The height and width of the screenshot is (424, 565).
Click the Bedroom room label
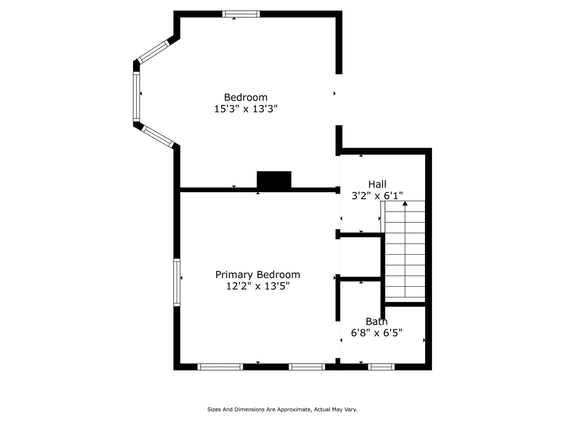pyautogui.click(x=246, y=97)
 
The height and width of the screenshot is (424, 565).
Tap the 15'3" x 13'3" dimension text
pyautogui.click(x=246, y=109)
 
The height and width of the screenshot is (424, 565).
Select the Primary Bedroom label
pyautogui.click(x=258, y=275)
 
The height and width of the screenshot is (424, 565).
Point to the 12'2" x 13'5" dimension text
pyautogui.click(x=258, y=286)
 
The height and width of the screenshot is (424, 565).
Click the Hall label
pyautogui.click(x=377, y=184)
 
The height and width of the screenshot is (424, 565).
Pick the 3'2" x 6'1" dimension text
pyautogui.click(x=377, y=196)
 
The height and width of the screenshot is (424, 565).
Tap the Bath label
pyautogui.click(x=377, y=322)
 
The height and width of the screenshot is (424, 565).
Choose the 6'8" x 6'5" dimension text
pyautogui.click(x=377, y=333)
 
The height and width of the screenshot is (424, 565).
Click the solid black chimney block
pyautogui.click(x=274, y=180)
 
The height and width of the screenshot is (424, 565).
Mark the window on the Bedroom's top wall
pyautogui.click(x=241, y=14)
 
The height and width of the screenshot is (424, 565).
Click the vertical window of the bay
pyautogui.click(x=137, y=97)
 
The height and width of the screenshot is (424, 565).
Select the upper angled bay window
pyautogui.click(x=154, y=52)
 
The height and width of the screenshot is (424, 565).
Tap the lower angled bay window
pyautogui.click(x=158, y=137)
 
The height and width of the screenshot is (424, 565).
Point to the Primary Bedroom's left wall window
pyautogui.click(x=177, y=282)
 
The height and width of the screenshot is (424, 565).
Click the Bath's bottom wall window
pyautogui.click(x=381, y=367)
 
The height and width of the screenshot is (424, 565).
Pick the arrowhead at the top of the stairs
pyautogui.click(x=405, y=203)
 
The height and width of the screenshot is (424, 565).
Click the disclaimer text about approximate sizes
pyautogui.click(x=282, y=409)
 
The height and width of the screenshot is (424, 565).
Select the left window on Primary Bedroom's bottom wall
pyautogui.click(x=220, y=367)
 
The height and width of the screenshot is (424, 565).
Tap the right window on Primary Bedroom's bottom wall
pyautogui.click(x=307, y=367)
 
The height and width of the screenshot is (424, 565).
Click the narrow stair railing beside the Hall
pyautogui.click(x=383, y=217)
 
